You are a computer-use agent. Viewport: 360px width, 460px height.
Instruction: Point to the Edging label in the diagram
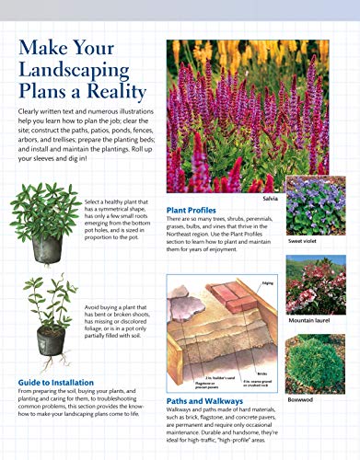[268, 283]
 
